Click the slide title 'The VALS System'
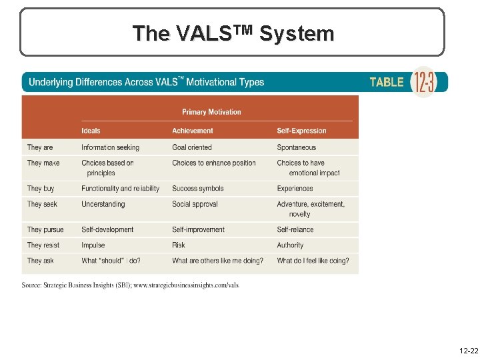tap(233, 33)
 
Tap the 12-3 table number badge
tap(425, 83)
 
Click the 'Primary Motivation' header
tap(211, 112)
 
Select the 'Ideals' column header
tap(91, 131)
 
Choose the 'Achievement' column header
tap(192, 131)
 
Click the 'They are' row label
tap(40, 147)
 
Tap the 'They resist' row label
tap(43, 245)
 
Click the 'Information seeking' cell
tap(110, 147)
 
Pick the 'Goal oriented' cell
tap(191, 147)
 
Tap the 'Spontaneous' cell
tap(296, 147)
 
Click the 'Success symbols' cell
tap(197, 189)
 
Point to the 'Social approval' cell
tap(195, 204)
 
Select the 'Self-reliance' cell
tap(295, 229)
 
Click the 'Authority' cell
tap(290, 245)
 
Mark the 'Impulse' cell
tap(93, 245)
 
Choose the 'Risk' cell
tap(179, 245)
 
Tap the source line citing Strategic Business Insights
tap(130, 285)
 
